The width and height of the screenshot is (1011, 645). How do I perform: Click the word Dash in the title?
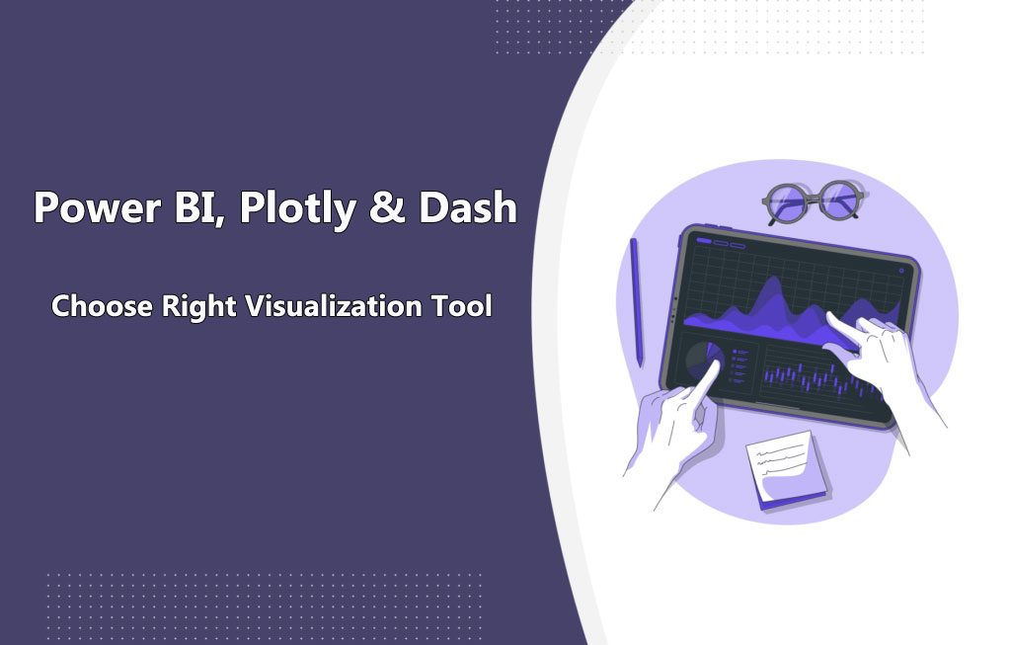(x=468, y=208)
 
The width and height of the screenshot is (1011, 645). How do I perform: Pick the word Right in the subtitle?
(x=197, y=306)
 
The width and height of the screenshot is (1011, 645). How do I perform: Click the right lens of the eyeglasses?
(x=841, y=201)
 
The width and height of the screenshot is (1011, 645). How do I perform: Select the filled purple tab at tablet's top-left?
(x=704, y=240)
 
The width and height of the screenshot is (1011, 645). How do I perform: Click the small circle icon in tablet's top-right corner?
(x=901, y=269)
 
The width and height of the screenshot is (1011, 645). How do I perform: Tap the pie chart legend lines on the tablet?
(x=741, y=362)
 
